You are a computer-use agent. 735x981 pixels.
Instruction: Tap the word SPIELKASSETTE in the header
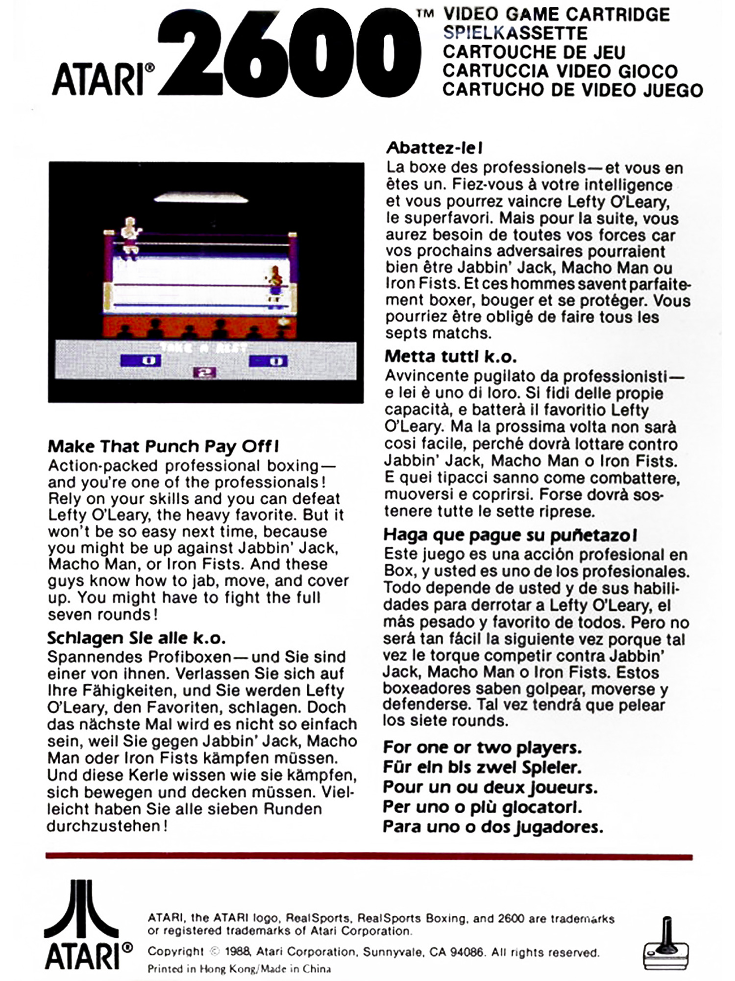point(514,33)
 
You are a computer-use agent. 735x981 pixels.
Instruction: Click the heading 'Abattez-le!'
point(435,147)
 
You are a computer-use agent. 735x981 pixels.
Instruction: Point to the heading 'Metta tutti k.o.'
point(451,356)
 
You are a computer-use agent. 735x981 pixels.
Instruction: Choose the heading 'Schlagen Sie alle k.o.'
point(136,638)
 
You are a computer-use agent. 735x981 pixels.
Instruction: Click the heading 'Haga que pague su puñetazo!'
point(510,535)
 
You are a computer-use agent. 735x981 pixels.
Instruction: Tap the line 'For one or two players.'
point(482,748)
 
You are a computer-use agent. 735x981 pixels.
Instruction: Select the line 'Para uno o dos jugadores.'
point(492,827)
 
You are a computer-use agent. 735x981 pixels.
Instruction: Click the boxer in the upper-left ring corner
point(130,237)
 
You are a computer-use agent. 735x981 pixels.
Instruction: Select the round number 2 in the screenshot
point(206,373)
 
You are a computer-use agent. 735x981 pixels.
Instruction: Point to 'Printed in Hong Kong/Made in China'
point(239,969)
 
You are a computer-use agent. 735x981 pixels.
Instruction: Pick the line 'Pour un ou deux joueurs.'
point(490,787)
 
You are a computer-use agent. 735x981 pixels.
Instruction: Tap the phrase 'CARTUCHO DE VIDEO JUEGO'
point(572,90)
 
